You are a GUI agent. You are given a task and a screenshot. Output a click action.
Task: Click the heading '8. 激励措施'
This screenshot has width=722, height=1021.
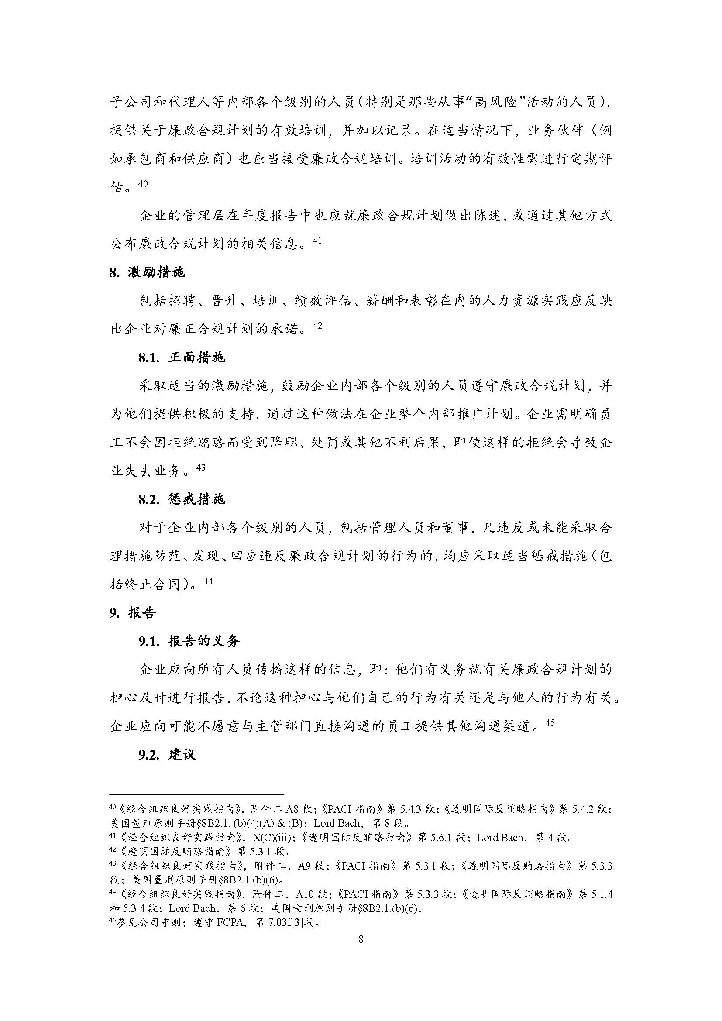coord(147,272)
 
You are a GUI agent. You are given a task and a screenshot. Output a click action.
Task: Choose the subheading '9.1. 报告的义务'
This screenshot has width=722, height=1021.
coord(189,641)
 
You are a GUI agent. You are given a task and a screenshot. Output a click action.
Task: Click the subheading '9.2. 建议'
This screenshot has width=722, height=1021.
coord(167,755)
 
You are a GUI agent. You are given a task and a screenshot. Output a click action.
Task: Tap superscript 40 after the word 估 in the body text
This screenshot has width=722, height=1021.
coord(143,183)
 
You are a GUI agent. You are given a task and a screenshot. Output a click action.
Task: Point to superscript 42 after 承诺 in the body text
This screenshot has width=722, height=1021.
coord(317,326)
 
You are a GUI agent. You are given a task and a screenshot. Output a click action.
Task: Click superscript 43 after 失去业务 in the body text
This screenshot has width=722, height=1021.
coord(200,468)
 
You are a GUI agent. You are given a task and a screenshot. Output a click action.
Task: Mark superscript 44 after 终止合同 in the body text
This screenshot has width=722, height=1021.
coord(208,581)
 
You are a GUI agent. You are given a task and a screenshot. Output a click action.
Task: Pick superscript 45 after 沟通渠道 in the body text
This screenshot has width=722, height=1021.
coord(550,722)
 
